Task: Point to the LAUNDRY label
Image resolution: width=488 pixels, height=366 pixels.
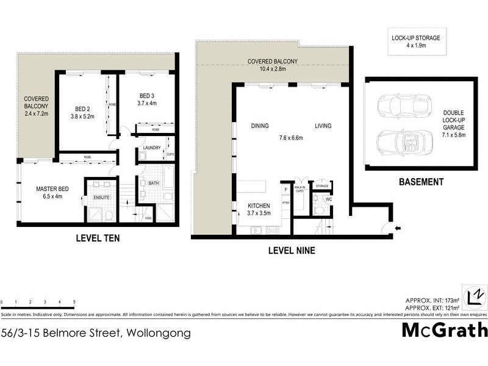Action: tap(151, 148)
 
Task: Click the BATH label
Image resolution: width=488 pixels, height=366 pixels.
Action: tap(153, 182)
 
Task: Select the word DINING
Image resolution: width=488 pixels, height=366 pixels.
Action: tap(260, 126)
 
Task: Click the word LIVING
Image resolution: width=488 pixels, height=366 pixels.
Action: tap(323, 126)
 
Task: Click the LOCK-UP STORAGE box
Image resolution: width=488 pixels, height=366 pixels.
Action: tap(415, 41)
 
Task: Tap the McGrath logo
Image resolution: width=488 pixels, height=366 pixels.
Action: tap(444, 330)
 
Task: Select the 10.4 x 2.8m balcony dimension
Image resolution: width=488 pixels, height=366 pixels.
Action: tap(272, 69)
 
